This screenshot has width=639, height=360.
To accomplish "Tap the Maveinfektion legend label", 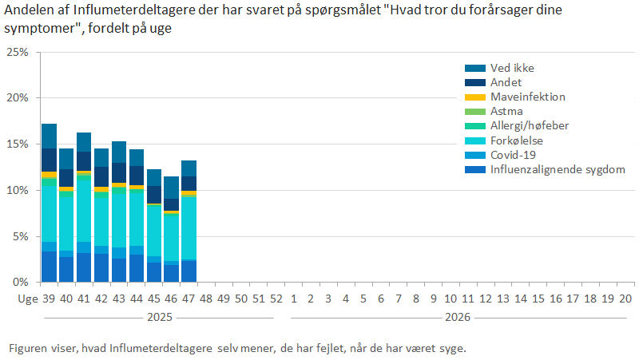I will [x=527, y=97].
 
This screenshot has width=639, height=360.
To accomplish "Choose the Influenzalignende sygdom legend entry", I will [x=558, y=169].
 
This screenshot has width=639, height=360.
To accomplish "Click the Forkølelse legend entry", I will [x=517, y=140].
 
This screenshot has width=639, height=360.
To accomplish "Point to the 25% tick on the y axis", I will [x=18, y=52].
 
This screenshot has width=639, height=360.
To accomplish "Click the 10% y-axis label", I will [x=18, y=190].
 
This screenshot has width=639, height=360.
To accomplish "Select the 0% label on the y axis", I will [x=21, y=283].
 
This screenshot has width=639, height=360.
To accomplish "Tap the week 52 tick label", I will [x=276, y=298].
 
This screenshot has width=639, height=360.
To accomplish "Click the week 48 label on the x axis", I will [x=206, y=298].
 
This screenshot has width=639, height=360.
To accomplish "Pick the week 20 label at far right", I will [x=626, y=298].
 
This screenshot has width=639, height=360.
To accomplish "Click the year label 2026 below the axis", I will [x=457, y=317].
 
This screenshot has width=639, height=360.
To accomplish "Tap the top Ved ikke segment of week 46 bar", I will [x=171, y=188].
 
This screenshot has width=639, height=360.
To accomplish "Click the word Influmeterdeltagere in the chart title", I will [x=120, y=9].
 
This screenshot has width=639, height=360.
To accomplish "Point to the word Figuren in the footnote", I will [x=26, y=348].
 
